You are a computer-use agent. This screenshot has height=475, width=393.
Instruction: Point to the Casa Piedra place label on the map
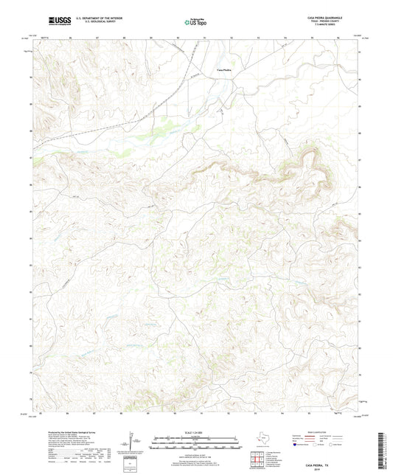click(x=224, y=69)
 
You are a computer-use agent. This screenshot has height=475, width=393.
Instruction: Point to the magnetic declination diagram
click(x=133, y=444)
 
